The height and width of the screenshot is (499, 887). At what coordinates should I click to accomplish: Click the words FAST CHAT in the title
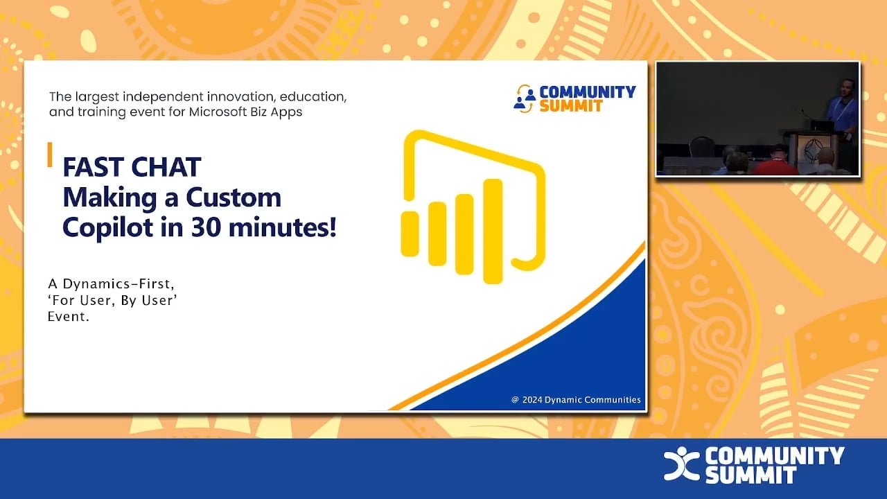(x=132, y=167)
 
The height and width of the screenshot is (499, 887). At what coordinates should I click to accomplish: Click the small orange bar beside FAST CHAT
(x=50, y=155)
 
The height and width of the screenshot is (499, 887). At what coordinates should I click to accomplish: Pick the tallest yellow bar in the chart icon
(x=492, y=231)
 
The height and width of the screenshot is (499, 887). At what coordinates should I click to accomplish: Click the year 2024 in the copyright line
(x=532, y=400)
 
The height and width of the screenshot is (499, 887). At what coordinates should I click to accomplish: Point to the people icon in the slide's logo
(x=524, y=98)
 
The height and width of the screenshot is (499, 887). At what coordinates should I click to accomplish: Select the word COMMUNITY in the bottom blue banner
(x=775, y=456)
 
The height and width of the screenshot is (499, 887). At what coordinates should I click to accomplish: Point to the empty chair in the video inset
(x=701, y=148)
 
